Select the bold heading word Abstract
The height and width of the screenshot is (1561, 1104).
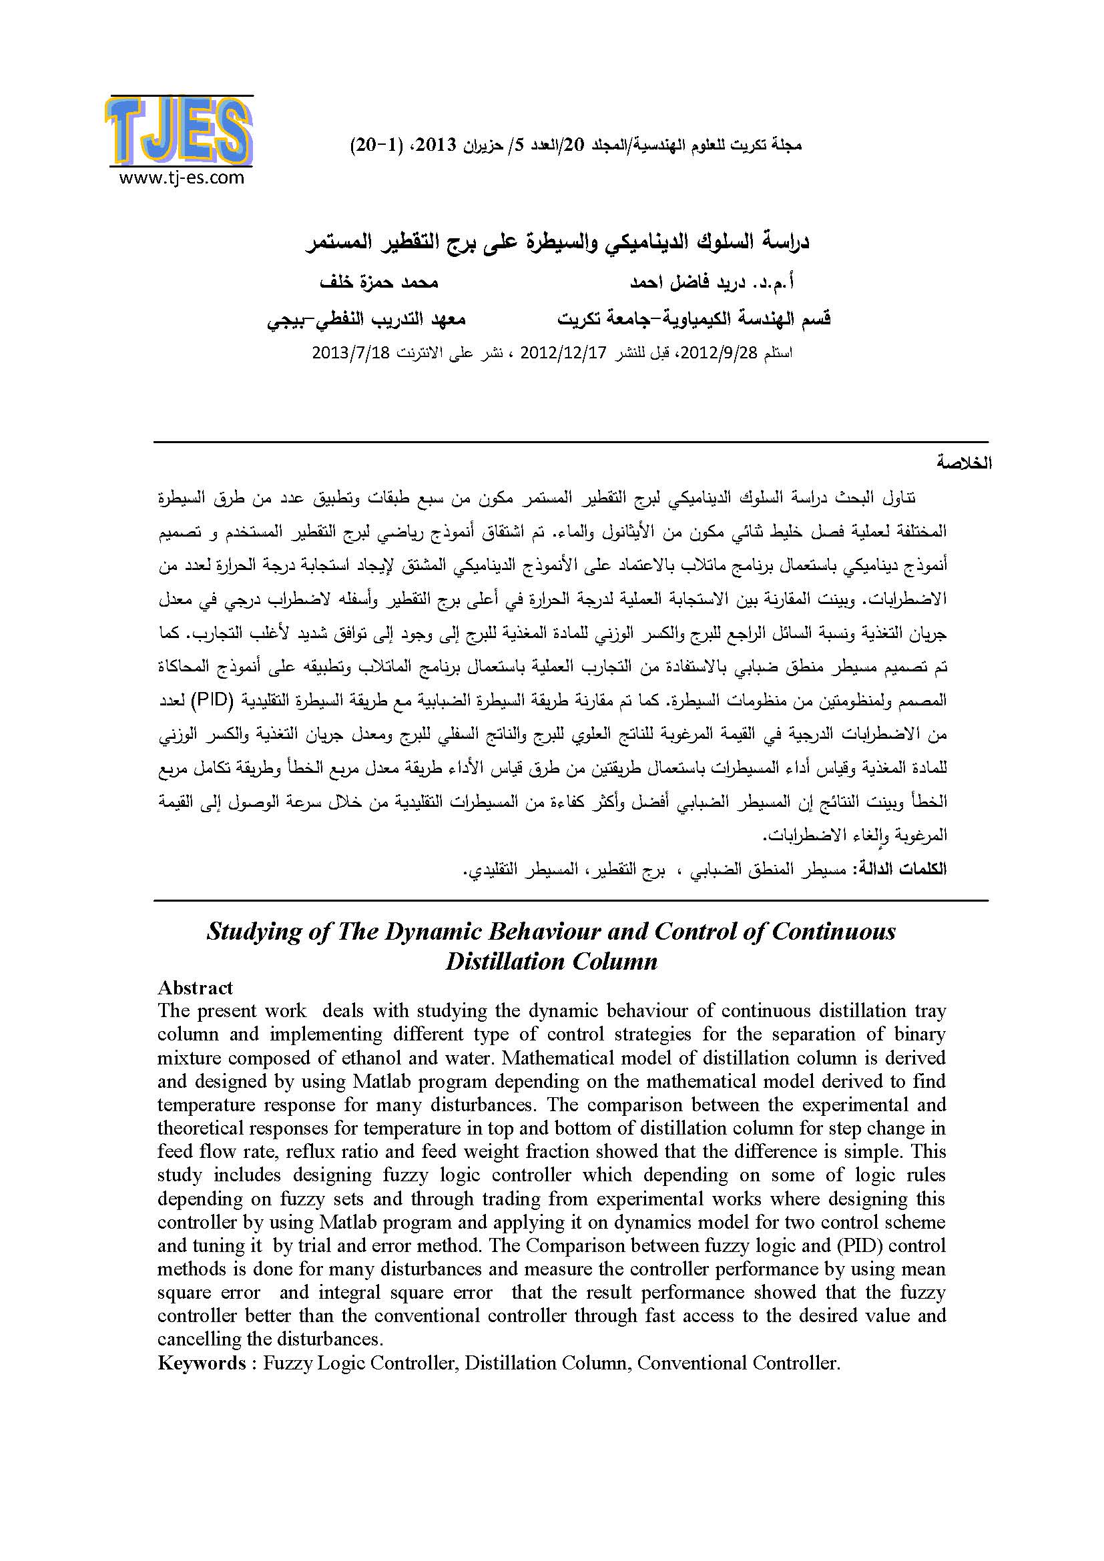(195, 988)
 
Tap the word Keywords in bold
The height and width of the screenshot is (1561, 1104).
(202, 1363)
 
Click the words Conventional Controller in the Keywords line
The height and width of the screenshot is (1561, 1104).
(738, 1363)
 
